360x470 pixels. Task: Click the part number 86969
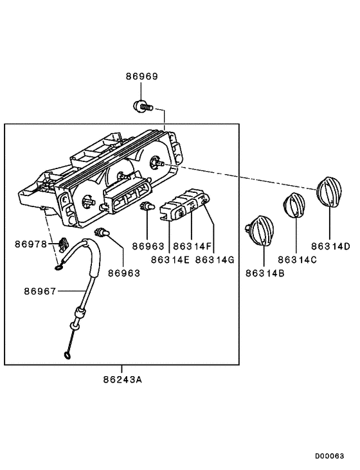tap(141, 77)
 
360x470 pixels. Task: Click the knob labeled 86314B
tap(261, 230)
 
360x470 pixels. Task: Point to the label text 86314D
tap(330, 246)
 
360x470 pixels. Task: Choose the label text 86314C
tap(297, 259)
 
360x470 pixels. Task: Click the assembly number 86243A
tap(122, 379)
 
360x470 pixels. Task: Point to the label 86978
tap(31, 244)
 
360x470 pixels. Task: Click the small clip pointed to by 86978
tap(62, 244)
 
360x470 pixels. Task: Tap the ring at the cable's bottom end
tap(66, 354)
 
